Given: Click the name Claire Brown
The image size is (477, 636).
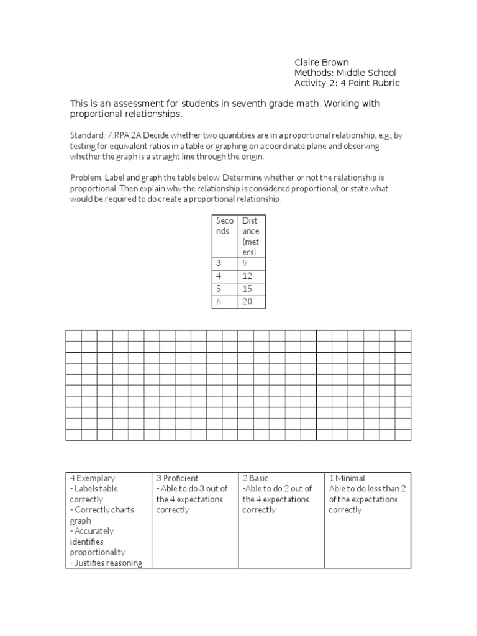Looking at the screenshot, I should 321,62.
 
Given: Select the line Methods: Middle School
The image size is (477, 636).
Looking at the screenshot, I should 345,73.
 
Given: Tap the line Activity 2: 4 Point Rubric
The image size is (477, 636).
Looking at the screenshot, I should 347,83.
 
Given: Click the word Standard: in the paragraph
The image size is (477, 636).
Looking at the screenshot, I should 85,135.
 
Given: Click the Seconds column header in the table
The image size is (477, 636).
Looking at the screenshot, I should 224,226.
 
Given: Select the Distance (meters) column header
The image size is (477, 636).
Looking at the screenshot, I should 251,236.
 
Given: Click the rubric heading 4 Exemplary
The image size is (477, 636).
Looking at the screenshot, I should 93,478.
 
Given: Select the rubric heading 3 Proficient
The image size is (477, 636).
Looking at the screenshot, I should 178,478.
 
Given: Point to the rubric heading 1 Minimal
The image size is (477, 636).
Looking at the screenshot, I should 347,478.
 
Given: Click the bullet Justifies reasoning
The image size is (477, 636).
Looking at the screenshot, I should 106,563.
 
